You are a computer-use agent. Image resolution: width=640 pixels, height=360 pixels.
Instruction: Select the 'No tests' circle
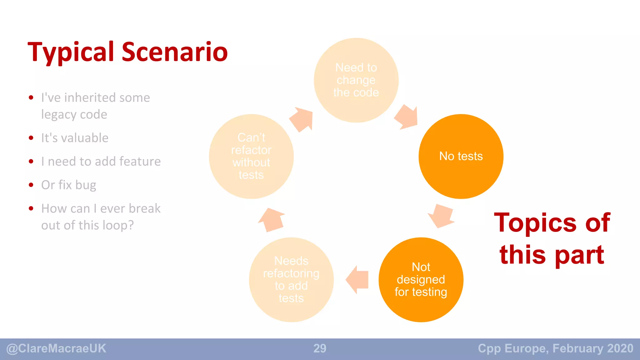461,156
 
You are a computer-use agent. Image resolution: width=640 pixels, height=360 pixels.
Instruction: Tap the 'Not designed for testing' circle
421,279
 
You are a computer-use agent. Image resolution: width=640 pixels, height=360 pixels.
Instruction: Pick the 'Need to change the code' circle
356,80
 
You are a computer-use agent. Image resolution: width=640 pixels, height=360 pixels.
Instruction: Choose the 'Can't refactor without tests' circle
251,156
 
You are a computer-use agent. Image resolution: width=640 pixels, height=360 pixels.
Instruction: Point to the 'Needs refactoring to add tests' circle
291,279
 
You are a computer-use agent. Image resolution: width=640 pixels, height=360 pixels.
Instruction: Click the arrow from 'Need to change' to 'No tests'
407,117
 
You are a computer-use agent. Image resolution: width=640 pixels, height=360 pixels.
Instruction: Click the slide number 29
320,348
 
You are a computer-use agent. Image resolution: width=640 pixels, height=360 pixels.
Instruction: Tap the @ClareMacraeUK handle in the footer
56,348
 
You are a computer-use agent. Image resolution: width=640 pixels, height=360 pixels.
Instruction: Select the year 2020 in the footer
620,348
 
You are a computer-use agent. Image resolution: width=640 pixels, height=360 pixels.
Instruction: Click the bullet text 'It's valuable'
75,138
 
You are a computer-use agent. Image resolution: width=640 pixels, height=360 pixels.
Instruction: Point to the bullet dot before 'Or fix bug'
31,185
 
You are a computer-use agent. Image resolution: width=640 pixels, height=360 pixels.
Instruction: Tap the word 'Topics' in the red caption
535,222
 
